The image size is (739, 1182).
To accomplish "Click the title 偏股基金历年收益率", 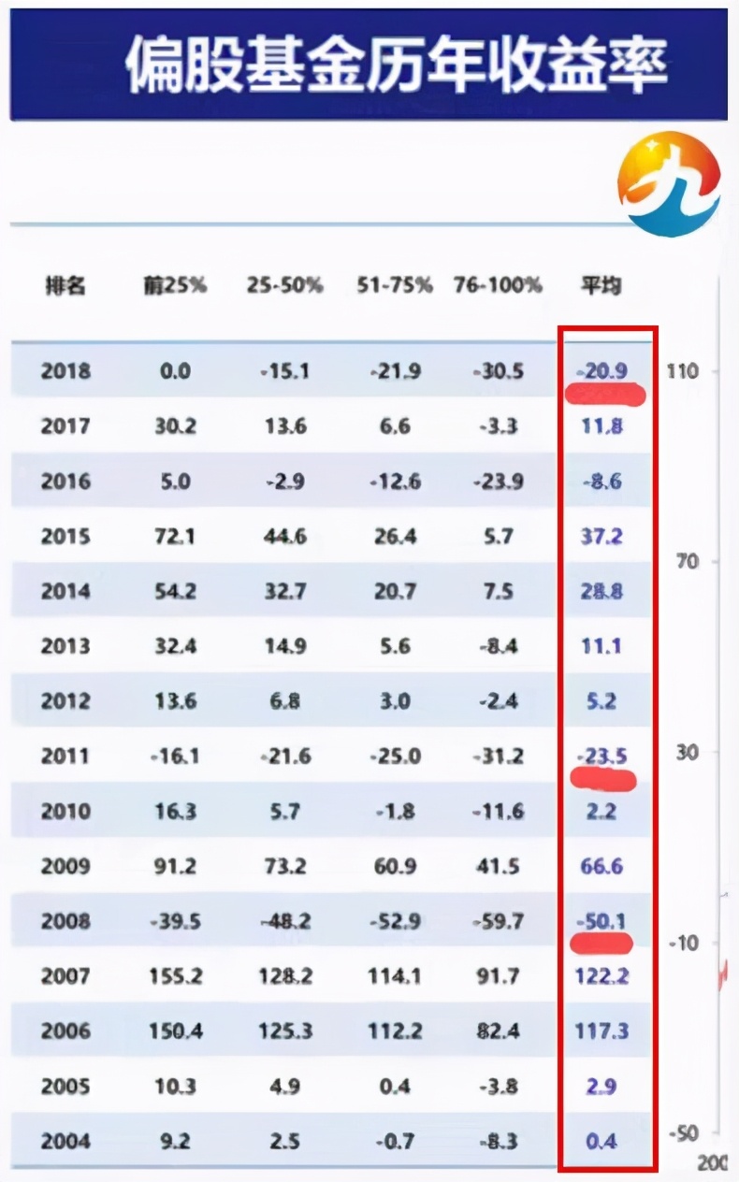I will (397, 63).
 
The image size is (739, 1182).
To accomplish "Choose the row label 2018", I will (65, 370).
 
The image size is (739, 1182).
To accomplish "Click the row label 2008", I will (65, 921).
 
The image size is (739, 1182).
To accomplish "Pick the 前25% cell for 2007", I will (174, 976).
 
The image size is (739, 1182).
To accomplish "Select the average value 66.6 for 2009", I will (601, 866).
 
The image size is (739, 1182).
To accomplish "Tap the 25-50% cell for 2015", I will (284, 536).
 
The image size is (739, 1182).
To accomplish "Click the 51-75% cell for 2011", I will (393, 756).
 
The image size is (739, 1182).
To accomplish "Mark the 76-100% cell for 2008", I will (497, 921).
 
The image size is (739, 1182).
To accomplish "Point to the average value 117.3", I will (601, 1031).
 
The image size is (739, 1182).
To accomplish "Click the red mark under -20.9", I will (605, 394).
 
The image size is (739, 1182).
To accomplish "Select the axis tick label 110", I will (682, 371).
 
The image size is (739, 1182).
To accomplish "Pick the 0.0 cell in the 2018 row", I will (174, 370).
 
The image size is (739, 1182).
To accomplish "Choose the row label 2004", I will (65, 1141).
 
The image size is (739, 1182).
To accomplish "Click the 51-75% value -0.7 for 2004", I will (393, 1141).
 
